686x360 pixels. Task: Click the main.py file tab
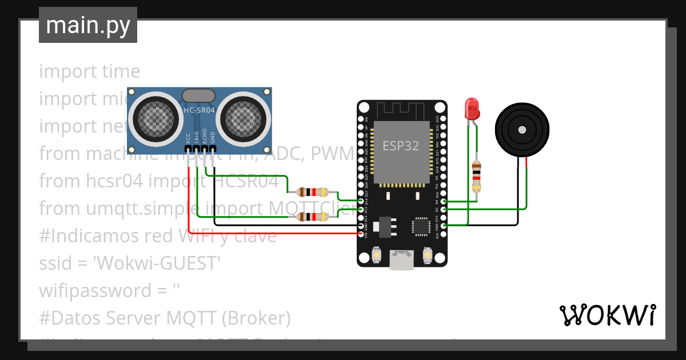click(87, 26)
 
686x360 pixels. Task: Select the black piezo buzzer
click(522, 130)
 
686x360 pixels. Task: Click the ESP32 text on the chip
click(401, 146)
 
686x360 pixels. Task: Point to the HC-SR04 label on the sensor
click(198, 110)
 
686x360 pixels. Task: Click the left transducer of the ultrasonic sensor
click(153, 118)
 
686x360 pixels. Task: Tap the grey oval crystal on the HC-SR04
click(198, 95)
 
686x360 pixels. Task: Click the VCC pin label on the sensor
click(188, 139)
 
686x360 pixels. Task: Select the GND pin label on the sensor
click(213, 139)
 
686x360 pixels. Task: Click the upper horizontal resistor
click(308, 192)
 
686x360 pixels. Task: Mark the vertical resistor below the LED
click(476, 176)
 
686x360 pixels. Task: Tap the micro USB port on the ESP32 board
click(401, 260)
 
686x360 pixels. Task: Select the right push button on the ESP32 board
click(426, 254)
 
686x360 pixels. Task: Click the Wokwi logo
click(607, 315)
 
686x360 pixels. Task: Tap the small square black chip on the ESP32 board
click(422, 226)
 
